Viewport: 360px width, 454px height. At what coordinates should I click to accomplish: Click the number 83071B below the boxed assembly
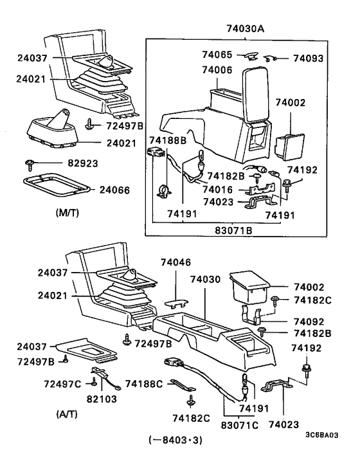[233, 228]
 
